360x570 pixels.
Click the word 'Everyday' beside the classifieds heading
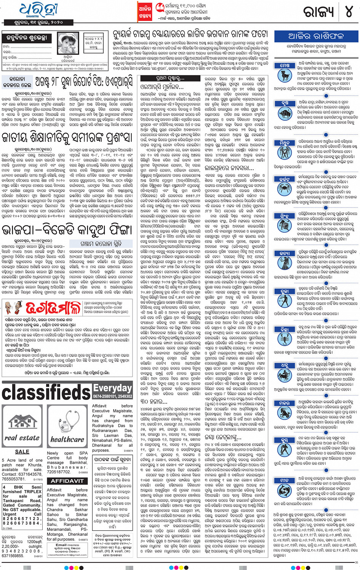coord(113,388)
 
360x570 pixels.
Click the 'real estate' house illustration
coord(22,427)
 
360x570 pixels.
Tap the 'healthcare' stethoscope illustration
coord(67,427)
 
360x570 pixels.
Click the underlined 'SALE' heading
coord(22,452)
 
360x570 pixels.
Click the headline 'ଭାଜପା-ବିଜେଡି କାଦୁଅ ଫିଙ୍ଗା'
coord(67,230)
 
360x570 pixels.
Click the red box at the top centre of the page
coord(145,11)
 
